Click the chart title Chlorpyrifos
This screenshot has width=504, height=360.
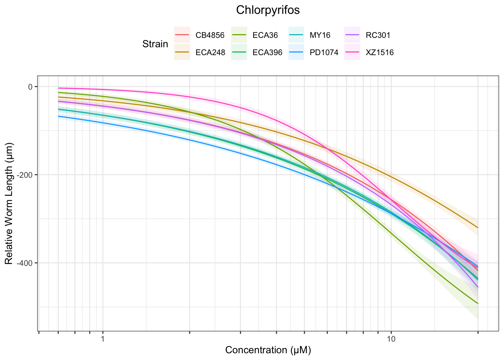coord(268,10)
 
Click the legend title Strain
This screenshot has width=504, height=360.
coord(155,44)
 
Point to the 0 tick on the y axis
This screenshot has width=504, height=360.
coord(30,87)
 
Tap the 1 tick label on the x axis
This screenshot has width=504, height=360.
coord(102,339)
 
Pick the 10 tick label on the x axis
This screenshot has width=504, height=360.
coord(391,339)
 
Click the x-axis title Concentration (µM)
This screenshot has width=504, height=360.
coord(268,350)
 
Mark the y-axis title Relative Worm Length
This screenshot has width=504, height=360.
coord(9,203)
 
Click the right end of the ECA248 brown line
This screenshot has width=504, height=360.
coord(478,228)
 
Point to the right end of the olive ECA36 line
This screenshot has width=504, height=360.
coord(478,303)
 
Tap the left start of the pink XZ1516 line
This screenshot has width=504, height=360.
coord(58,88)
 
